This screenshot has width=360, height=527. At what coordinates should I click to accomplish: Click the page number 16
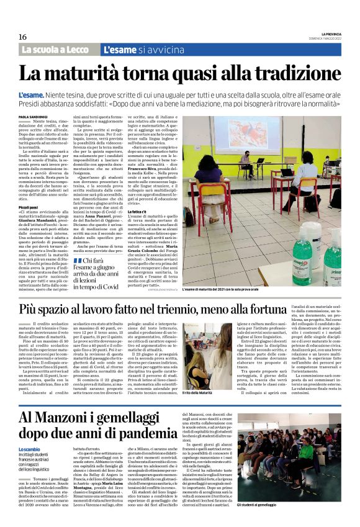point(22,37)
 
